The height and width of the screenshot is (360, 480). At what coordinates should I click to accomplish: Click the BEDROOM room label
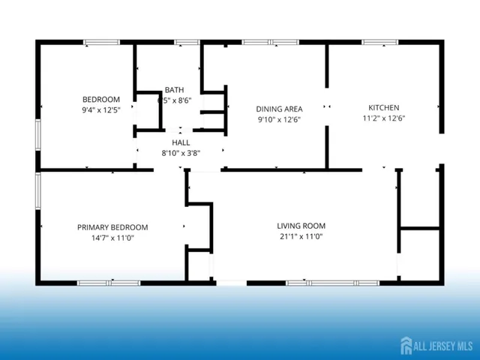[x=101, y=100]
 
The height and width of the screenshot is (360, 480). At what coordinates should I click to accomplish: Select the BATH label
[x=174, y=90]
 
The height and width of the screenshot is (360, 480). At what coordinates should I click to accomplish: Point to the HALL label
[x=181, y=142]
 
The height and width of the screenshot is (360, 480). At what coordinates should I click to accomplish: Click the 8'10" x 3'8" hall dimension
[x=181, y=153]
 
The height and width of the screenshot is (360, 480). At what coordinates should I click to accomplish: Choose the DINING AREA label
[x=279, y=109]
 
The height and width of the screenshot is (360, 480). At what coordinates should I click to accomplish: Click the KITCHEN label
[x=383, y=107]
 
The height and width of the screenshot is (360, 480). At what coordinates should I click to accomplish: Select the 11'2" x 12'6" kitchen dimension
[x=383, y=118]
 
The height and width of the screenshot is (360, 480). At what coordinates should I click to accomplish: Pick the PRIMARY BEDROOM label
[x=112, y=227]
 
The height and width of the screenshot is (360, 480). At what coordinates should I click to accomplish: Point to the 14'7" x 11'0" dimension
[x=112, y=238]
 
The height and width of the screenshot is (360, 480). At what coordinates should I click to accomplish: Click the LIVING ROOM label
[x=301, y=226]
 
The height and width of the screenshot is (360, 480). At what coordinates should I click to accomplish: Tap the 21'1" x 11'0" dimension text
[x=301, y=237]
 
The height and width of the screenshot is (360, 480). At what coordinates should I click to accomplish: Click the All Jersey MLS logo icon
[x=406, y=346]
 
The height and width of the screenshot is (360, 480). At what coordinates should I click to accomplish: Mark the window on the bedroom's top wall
[x=102, y=42]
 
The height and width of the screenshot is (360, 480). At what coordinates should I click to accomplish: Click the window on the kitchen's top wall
[x=380, y=42]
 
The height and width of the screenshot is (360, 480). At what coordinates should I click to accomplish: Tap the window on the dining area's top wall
[x=270, y=42]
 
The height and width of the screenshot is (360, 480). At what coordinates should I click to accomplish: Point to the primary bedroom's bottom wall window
[x=109, y=283]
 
